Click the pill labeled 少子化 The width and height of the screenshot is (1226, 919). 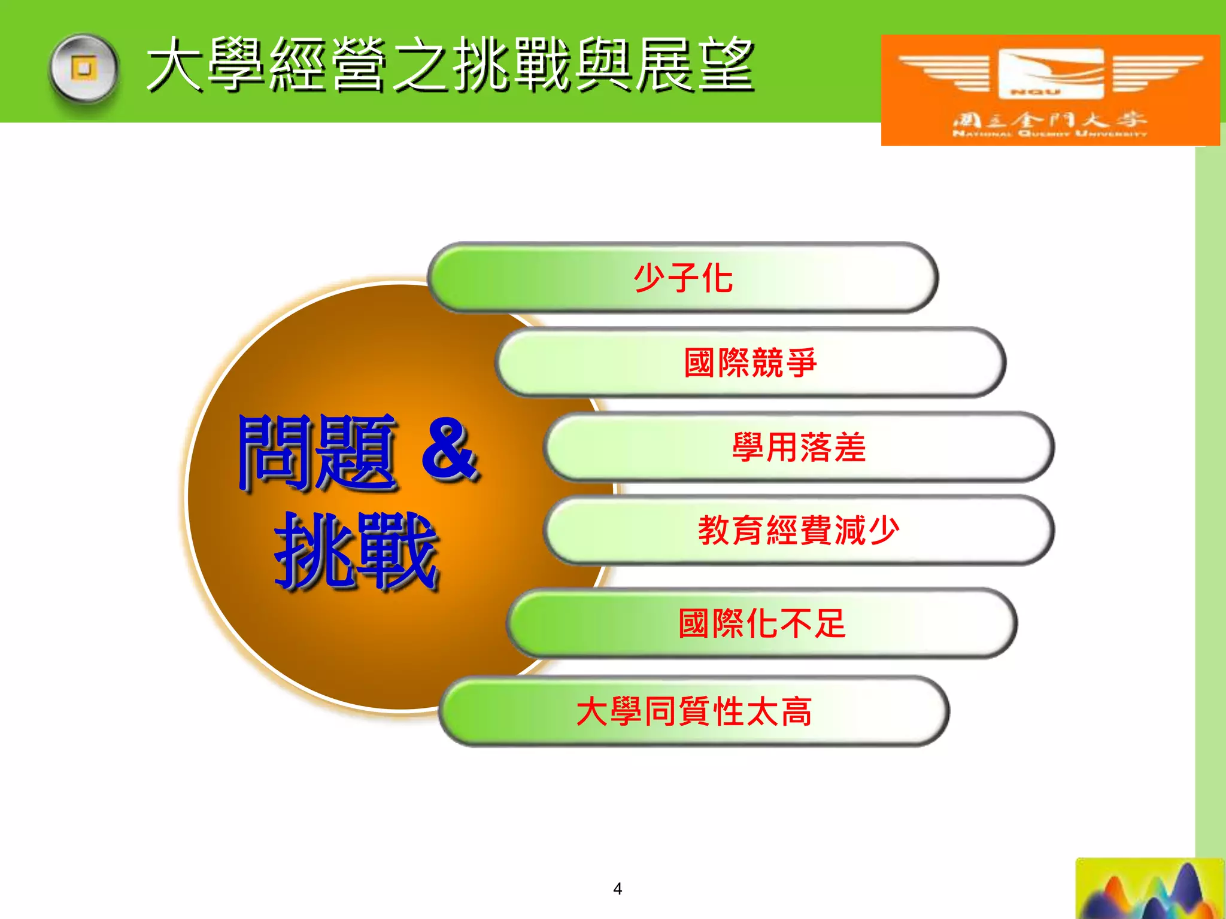click(682, 278)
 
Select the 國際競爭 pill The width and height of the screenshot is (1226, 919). click(750, 363)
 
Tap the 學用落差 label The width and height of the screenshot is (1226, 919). click(799, 447)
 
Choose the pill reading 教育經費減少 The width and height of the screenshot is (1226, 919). click(799, 530)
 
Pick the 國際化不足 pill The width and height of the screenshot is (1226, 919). click(761, 623)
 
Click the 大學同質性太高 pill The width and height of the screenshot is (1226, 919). click(694, 711)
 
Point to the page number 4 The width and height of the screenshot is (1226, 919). click(617, 888)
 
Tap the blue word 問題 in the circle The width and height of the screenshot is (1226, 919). click(317, 453)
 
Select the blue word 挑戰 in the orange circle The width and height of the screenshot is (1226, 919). click(357, 550)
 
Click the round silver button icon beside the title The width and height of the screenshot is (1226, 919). click(84, 69)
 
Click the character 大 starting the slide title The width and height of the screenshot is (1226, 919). click(175, 65)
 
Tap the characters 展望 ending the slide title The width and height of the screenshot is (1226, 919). click(694, 65)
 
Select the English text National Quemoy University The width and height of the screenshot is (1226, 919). click(1049, 134)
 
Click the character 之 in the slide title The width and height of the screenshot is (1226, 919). click(422, 65)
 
